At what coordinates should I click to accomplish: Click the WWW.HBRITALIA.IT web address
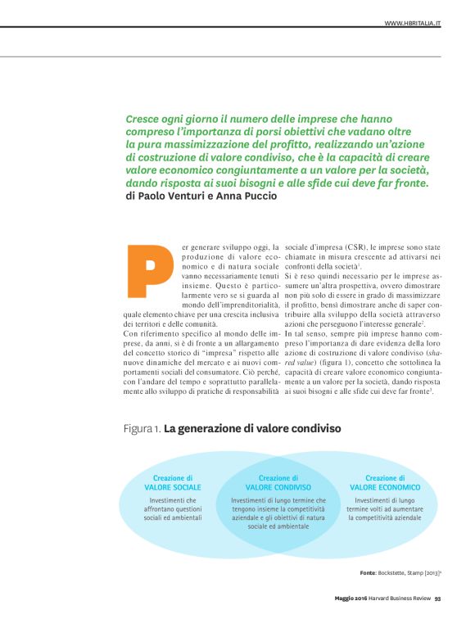pos(413,24)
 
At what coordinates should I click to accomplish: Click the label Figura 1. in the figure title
pos(141,428)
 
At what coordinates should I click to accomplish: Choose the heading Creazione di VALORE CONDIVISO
pos(278,482)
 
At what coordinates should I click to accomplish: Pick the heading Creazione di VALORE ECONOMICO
pos(384,482)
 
